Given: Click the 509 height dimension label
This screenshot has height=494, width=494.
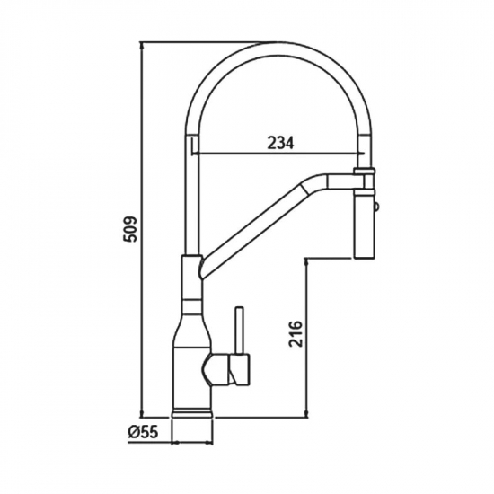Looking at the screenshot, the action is (x=130, y=229).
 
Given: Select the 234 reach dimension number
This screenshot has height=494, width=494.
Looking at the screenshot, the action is (x=280, y=143).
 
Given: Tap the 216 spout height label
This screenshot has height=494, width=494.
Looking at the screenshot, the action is (x=296, y=334).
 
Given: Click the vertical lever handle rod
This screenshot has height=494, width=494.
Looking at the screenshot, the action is (x=240, y=331).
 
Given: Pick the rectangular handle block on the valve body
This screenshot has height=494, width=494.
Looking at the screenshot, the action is (x=240, y=369).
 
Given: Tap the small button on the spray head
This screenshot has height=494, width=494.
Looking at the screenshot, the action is (x=376, y=207).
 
